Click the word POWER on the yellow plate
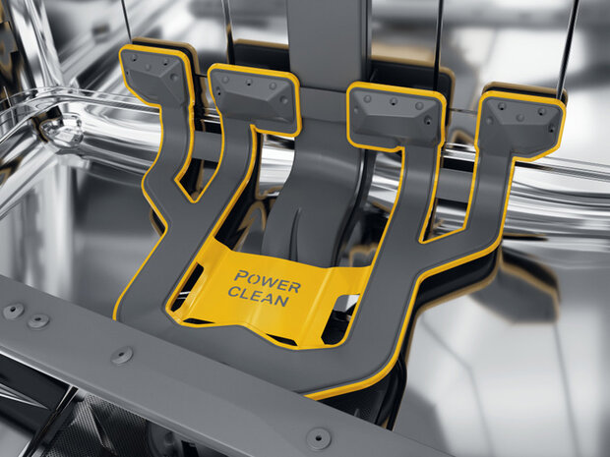tap(268, 282)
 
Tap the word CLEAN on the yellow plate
tap(259, 297)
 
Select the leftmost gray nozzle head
tap(152, 76)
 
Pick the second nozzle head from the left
tap(253, 98)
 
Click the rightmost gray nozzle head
tap(521, 123)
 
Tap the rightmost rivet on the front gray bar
tap(318, 438)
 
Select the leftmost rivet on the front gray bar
tap(13, 311)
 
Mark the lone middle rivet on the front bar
tap(122, 356)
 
